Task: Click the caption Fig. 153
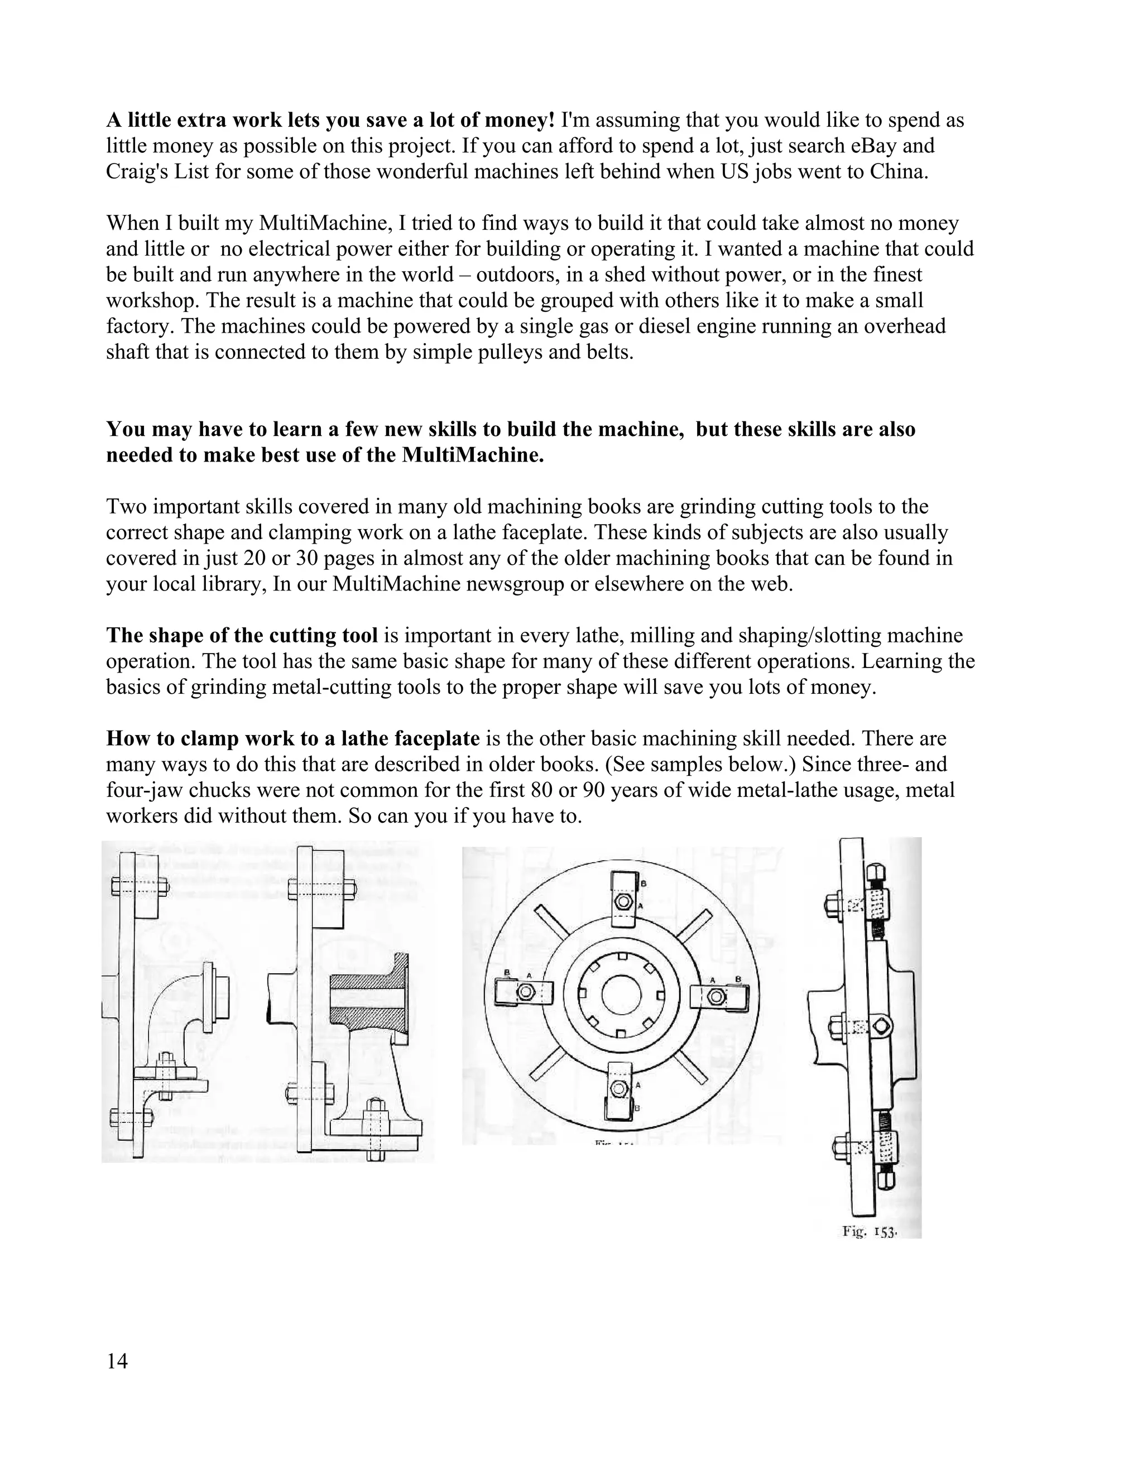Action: pos(870,1231)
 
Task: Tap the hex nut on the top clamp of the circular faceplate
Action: pos(622,902)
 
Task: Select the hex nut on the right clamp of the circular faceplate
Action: pos(717,996)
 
